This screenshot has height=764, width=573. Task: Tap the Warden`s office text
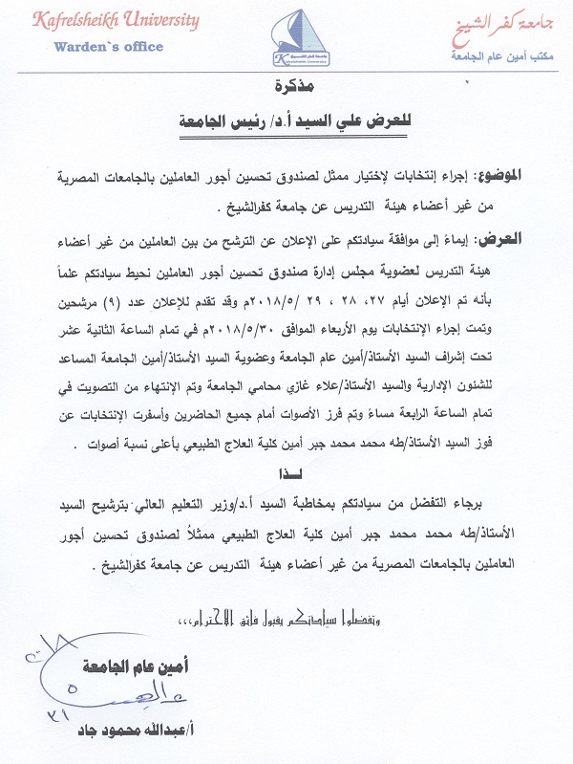pyautogui.click(x=109, y=46)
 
